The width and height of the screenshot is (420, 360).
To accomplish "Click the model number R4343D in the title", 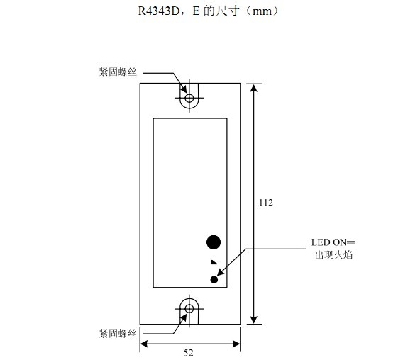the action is tap(158, 11).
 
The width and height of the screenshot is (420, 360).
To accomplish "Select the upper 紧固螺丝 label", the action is tap(118, 72).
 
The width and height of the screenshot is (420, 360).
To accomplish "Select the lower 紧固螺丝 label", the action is tap(118, 334).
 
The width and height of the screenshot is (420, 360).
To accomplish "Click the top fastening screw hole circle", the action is tap(189, 95).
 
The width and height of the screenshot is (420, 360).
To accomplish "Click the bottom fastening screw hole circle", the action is tap(189, 305).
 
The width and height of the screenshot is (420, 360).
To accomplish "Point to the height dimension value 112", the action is tap(266, 203).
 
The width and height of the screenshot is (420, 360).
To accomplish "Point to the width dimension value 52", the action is tap(188, 353).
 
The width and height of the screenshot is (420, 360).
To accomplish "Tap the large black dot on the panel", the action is tap(214, 242).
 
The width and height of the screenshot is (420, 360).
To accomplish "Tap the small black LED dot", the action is tap(214, 280).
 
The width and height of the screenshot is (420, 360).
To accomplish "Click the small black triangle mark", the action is tap(214, 262).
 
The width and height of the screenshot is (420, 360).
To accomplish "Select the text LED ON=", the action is tap(333, 242).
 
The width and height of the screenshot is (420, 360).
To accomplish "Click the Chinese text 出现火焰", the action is tap(333, 255).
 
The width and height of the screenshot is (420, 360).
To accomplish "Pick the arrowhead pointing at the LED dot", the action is tap(221, 271).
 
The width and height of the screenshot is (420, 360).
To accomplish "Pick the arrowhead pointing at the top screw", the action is tap(184, 88).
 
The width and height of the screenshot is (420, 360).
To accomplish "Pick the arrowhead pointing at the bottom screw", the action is tap(184, 319).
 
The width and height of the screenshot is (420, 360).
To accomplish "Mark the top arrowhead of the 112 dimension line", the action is tap(254, 88).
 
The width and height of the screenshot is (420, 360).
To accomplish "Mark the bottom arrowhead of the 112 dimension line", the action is tap(254, 320).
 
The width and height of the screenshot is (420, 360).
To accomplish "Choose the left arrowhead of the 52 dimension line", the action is tap(144, 344).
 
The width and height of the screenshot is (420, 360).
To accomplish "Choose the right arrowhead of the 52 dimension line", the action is tap(236, 344).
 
